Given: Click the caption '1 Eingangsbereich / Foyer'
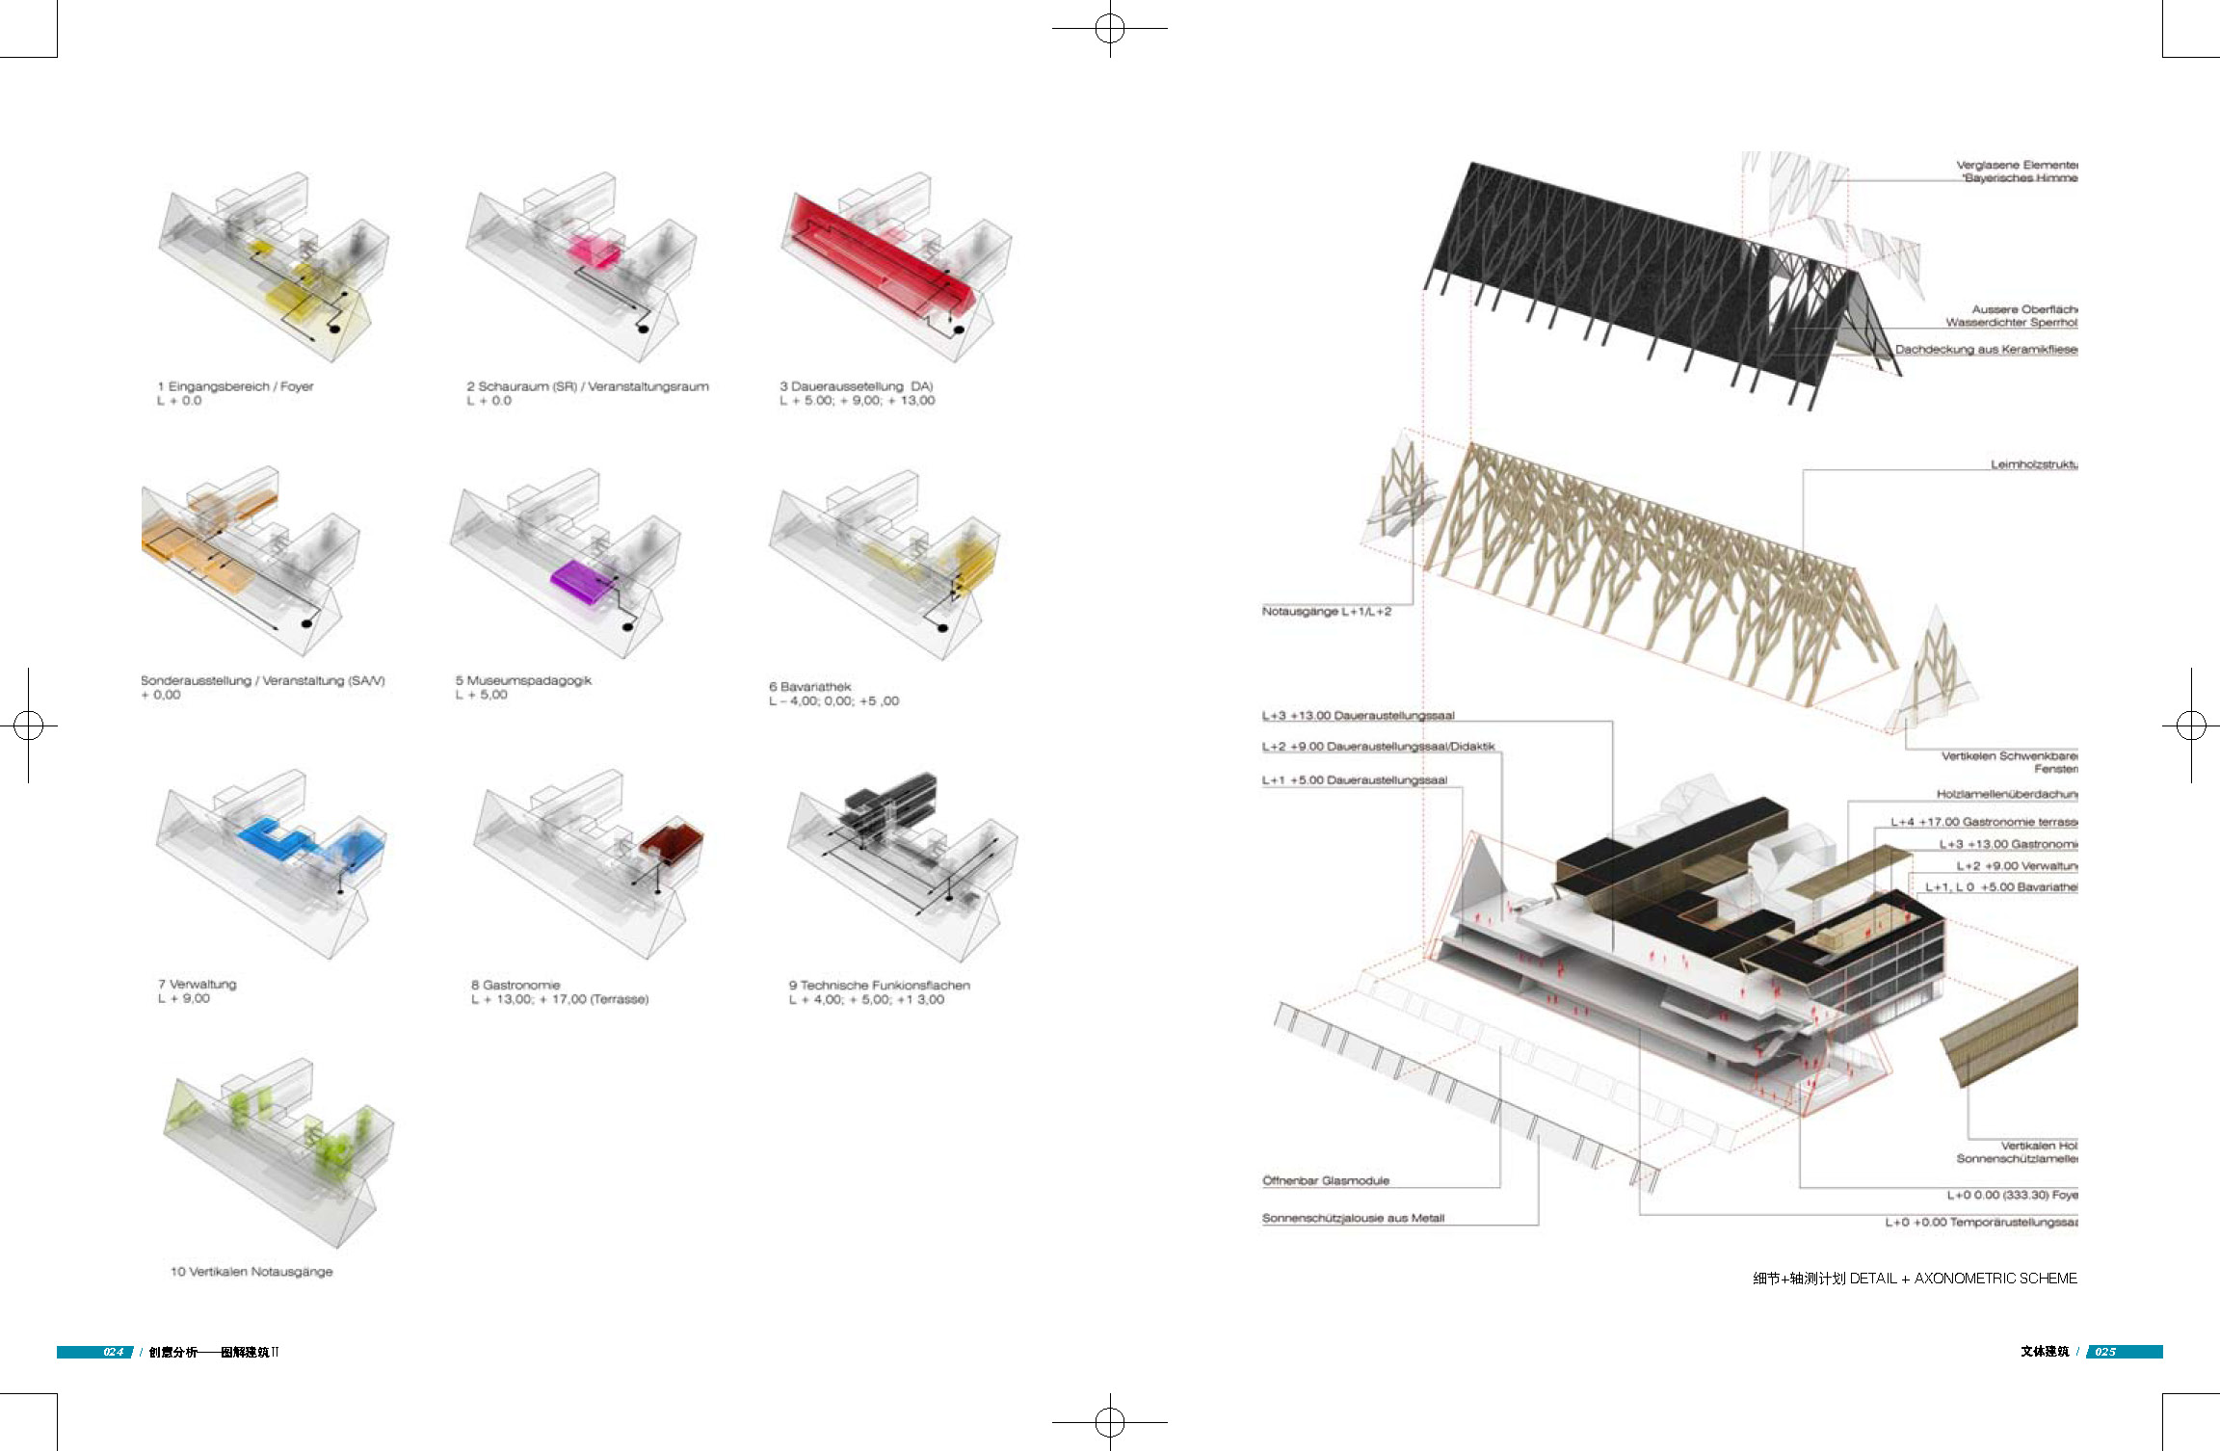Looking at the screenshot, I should [x=235, y=386].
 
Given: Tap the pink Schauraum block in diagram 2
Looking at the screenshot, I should [x=592, y=251].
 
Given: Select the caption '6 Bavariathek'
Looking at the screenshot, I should [x=809, y=687].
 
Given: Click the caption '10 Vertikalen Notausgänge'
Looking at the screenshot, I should [x=251, y=1272].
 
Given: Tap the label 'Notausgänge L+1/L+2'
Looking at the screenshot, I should [x=1326, y=611].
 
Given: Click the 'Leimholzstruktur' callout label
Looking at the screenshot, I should [x=2033, y=464].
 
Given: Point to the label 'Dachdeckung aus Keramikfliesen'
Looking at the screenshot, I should [x=1985, y=349].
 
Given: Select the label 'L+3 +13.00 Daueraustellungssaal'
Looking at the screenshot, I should [x=1358, y=715].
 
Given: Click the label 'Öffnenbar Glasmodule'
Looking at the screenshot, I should [x=1326, y=1180].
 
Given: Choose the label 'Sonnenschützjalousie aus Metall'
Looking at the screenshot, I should [x=1353, y=1218].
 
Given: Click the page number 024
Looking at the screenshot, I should [x=113, y=1352].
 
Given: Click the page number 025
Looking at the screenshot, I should [x=2105, y=1352].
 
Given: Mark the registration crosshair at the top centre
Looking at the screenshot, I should [x=1110, y=29].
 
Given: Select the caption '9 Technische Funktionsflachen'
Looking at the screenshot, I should [x=879, y=985].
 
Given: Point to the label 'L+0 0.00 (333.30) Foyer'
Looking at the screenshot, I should [x=2012, y=1195].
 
